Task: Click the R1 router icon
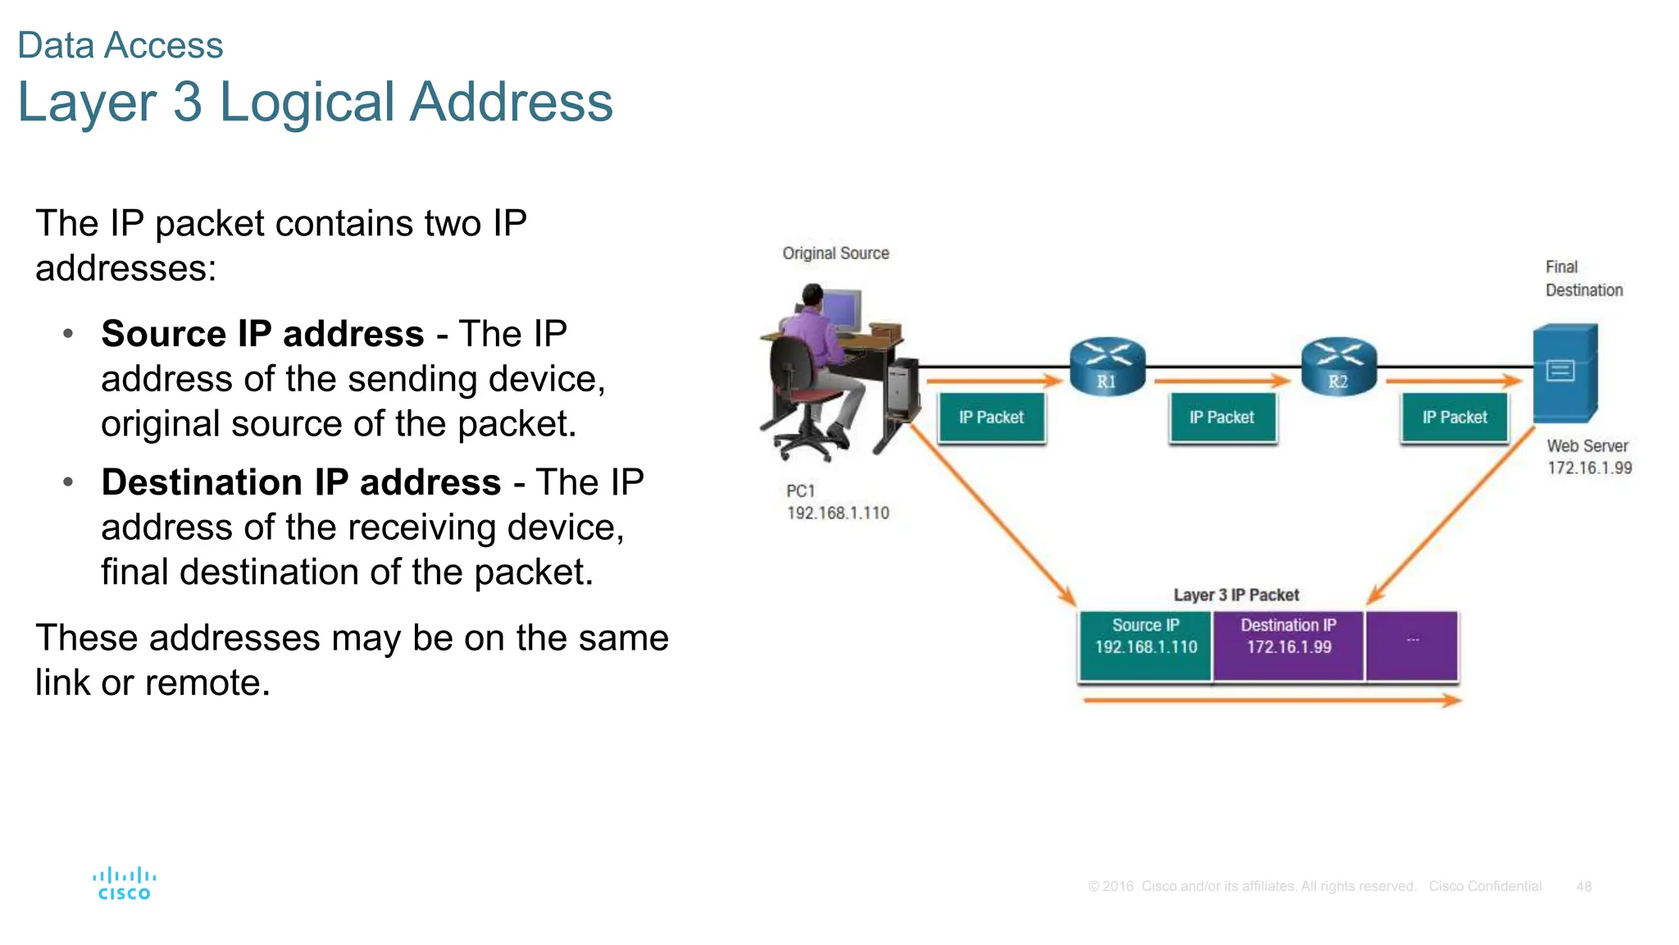pyautogui.click(x=1107, y=367)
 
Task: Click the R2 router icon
pyautogui.click(x=1338, y=367)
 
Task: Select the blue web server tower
pyautogui.click(x=1565, y=372)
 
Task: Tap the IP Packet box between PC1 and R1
pyautogui.click(x=991, y=418)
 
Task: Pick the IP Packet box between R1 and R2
pyautogui.click(x=1222, y=418)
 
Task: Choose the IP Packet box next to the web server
pyautogui.click(x=1454, y=418)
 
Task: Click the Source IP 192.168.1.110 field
pyautogui.click(x=1145, y=646)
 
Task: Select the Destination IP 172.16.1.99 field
pyautogui.click(x=1289, y=646)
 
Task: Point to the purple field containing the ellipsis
pyautogui.click(x=1412, y=646)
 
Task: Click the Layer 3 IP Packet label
pyautogui.click(x=1236, y=595)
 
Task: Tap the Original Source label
pyautogui.click(x=835, y=253)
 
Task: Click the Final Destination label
pyautogui.click(x=1582, y=279)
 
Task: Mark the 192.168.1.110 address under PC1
pyautogui.click(x=838, y=513)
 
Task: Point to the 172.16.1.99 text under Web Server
pyautogui.click(x=1589, y=468)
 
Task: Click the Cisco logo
pyautogui.click(x=124, y=883)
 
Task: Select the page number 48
pyautogui.click(x=1583, y=886)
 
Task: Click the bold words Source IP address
pyautogui.click(x=262, y=334)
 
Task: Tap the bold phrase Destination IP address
pyautogui.click(x=301, y=482)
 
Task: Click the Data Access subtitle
pyautogui.click(x=120, y=45)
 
